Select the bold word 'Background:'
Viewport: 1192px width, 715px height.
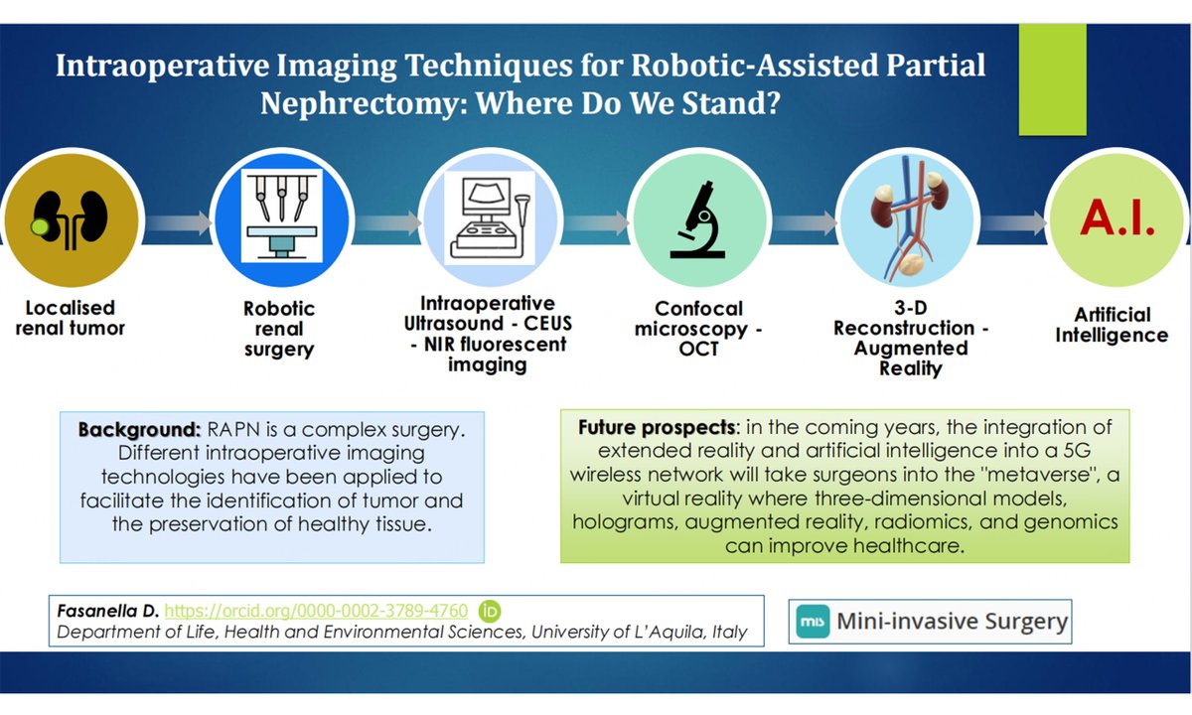141,434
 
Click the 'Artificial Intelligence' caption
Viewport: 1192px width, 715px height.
1111,325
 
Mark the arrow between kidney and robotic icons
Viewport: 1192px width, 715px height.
171,219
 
